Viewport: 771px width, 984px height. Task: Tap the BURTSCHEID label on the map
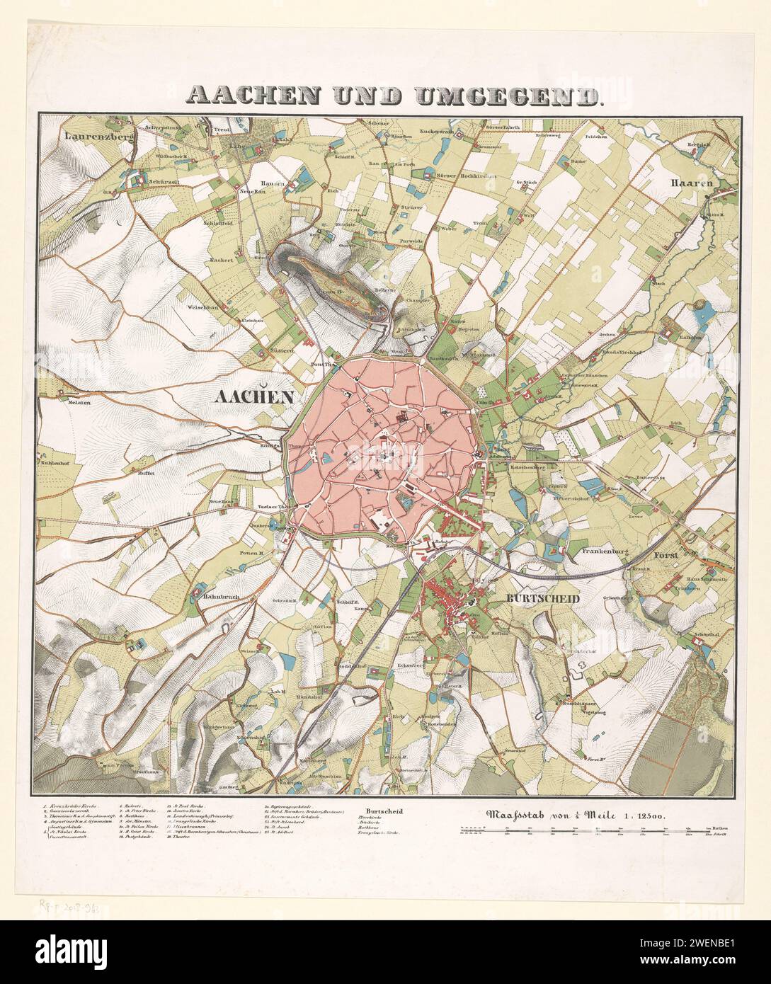[543, 598]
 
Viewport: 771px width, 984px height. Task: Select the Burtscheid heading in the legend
[384, 811]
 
